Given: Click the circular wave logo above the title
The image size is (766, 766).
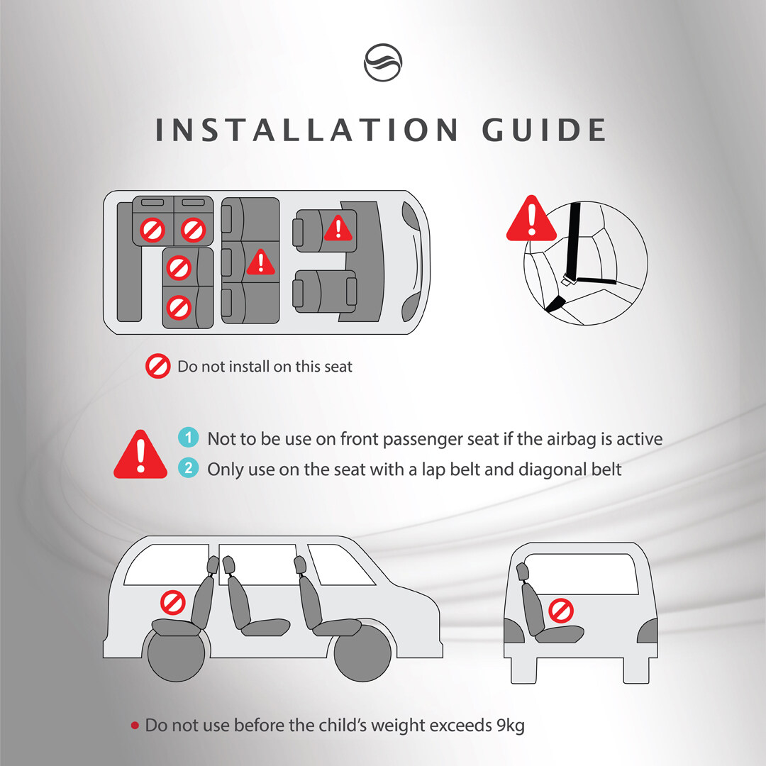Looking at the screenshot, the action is (x=383, y=62).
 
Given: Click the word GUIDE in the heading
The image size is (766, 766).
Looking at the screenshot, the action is (x=544, y=130).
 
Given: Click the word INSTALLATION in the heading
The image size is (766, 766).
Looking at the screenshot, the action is (x=306, y=130).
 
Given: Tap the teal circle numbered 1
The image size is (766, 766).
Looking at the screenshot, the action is (x=188, y=437).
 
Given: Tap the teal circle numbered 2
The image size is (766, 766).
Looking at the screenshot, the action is (x=188, y=467).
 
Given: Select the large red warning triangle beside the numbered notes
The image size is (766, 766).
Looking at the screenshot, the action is (x=140, y=455).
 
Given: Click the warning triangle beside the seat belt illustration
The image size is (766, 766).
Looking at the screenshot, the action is (x=531, y=219).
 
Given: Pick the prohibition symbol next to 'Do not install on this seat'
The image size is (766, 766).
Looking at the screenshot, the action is (x=157, y=367).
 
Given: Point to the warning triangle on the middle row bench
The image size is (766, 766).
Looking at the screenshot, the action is (x=261, y=262).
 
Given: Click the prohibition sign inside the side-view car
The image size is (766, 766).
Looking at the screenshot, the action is (x=173, y=602).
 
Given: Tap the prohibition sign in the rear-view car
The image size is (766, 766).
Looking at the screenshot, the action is (x=561, y=611).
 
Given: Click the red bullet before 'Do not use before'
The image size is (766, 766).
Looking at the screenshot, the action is (x=135, y=726).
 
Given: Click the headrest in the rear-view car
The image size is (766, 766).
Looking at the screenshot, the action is (x=522, y=572).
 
